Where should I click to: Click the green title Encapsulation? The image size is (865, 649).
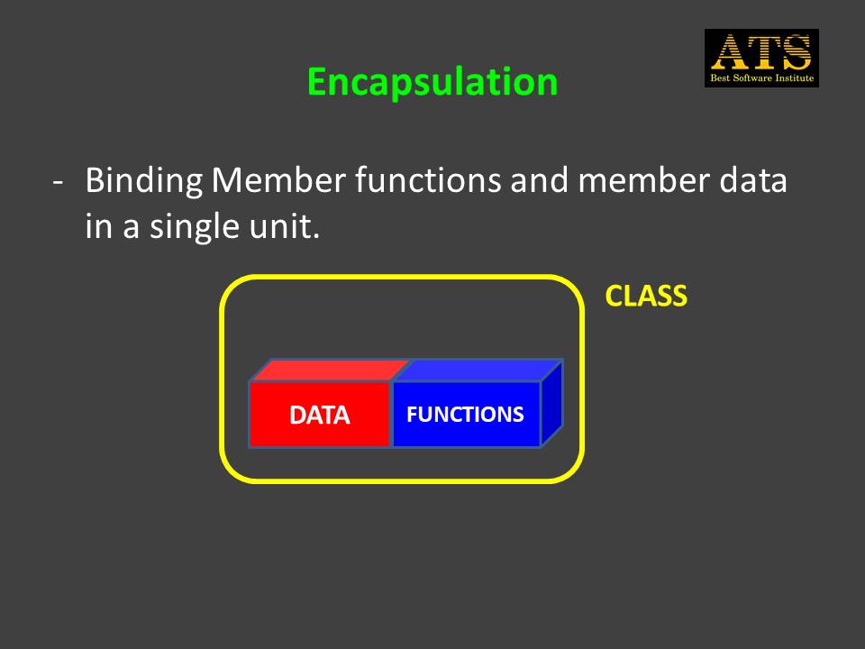(x=432, y=82)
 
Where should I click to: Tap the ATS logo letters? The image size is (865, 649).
(x=761, y=52)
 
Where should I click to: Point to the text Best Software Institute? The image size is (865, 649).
(x=762, y=78)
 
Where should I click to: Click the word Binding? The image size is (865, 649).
(x=144, y=181)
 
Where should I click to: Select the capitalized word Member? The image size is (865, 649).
(x=278, y=180)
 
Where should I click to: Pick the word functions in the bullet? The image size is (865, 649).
(x=428, y=179)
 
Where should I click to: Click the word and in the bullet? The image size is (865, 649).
(x=540, y=180)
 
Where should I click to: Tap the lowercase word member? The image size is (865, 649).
(x=643, y=180)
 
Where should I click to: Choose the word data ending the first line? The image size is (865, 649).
(x=752, y=180)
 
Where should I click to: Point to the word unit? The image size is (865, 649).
(x=284, y=226)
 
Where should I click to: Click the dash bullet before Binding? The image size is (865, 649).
(x=58, y=182)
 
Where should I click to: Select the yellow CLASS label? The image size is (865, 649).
(x=646, y=296)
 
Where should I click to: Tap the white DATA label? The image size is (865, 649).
(x=319, y=415)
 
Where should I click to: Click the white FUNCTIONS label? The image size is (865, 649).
(x=465, y=415)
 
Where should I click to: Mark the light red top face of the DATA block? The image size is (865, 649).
(x=330, y=370)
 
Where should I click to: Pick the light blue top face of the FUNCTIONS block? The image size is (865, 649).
(x=478, y=370)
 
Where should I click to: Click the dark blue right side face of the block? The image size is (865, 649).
(x=551, y=403)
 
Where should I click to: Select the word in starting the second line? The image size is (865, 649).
(x=99, y=226)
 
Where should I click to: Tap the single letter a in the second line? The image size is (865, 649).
(x=131, y=229)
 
